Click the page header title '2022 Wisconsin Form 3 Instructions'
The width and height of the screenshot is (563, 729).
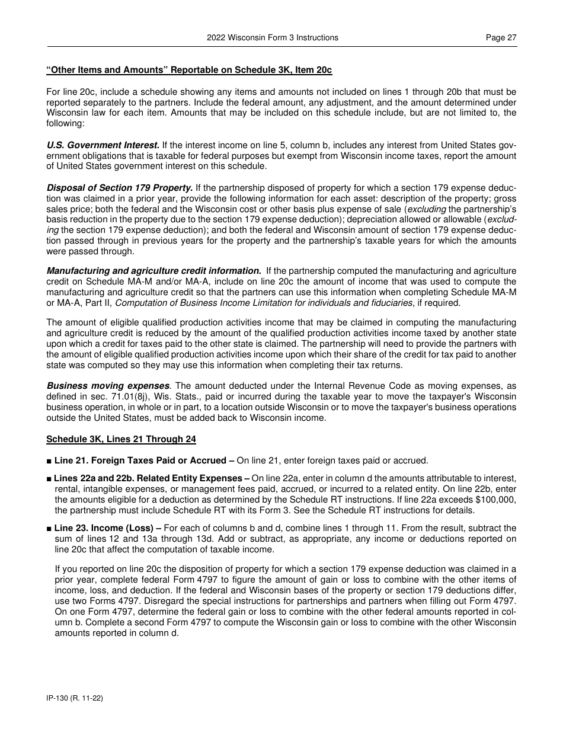coord(273,37)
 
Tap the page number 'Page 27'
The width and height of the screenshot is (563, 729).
coord(501,37)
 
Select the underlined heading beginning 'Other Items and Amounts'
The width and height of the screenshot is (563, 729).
coord(189,70)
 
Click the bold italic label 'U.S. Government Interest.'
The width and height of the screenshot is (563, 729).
coord(103,145)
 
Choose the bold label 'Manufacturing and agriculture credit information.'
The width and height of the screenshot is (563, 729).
coord(154,271)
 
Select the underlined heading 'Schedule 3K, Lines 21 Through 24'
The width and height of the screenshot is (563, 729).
coord(121,439)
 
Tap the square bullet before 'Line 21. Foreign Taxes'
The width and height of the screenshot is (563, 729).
coord(49,461)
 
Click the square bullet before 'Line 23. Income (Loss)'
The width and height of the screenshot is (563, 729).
coord(49,528)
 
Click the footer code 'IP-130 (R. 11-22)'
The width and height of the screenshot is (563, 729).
coord(75,699)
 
